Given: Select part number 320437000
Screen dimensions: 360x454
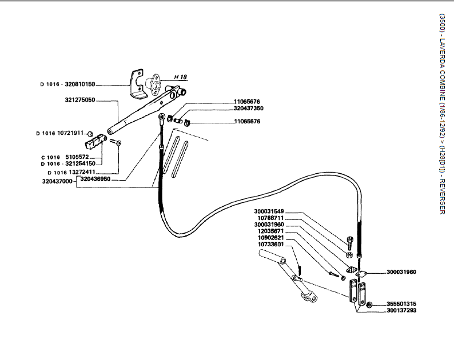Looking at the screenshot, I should (x=57, y=182).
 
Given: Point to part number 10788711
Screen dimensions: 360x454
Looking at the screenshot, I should (x=273, y=218).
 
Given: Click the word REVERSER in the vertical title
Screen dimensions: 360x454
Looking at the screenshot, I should (x=442, y=198).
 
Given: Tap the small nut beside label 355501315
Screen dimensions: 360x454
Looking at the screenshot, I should (x=369, y=303).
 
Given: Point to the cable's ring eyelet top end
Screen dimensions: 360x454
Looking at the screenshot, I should (x=164, y=118).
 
